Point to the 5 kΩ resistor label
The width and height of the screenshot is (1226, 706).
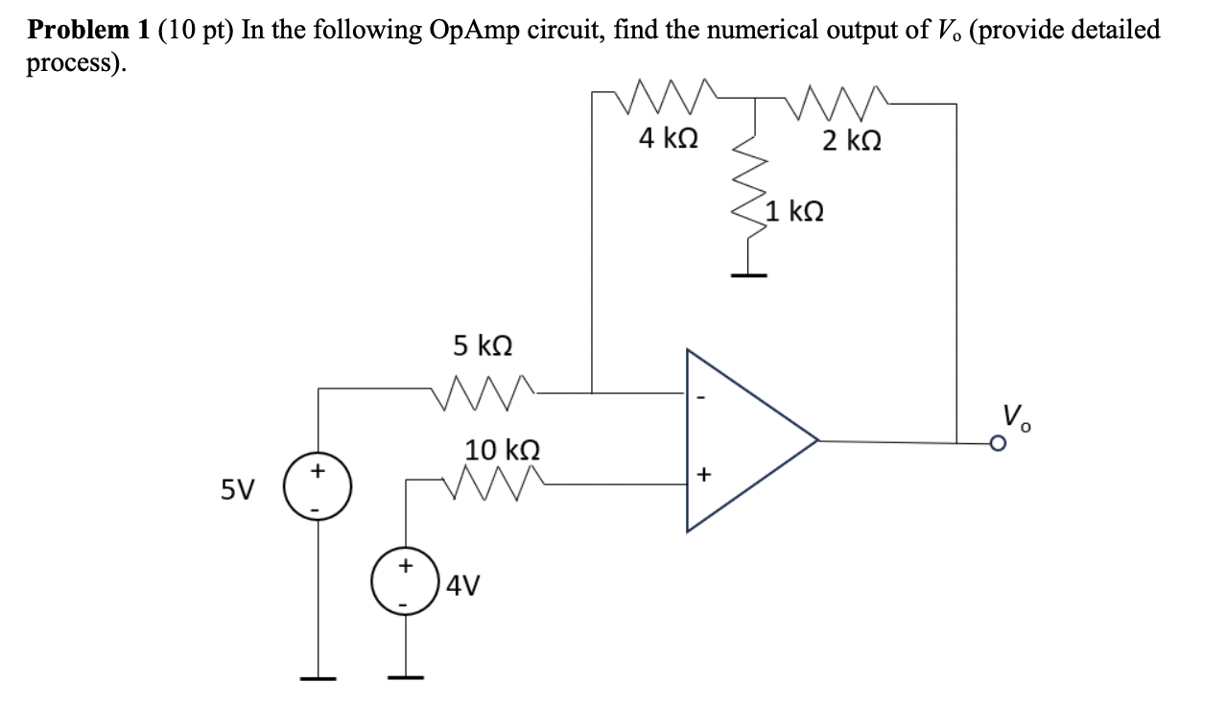(482, 344)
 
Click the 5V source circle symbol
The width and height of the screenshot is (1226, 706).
(318, 487)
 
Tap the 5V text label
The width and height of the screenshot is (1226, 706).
(239, 490)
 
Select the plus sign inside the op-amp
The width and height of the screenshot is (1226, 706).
(702, 473)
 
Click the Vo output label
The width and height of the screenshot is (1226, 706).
(1016, 415)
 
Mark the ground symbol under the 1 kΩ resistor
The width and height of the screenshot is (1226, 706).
(749, 274)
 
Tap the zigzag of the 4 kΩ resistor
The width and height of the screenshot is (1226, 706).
(668, 96)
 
